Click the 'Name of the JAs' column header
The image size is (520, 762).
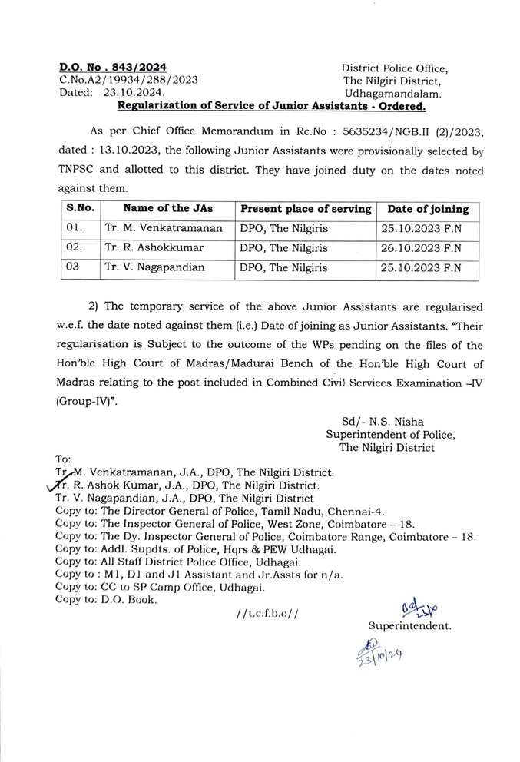(x=167, y=208)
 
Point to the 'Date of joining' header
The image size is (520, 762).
(x=427, y=208)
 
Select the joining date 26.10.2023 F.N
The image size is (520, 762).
(x=420, y=248)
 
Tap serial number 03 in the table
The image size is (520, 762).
(x=73, y=268)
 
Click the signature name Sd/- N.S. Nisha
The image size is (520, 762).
(x=383, y=421)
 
